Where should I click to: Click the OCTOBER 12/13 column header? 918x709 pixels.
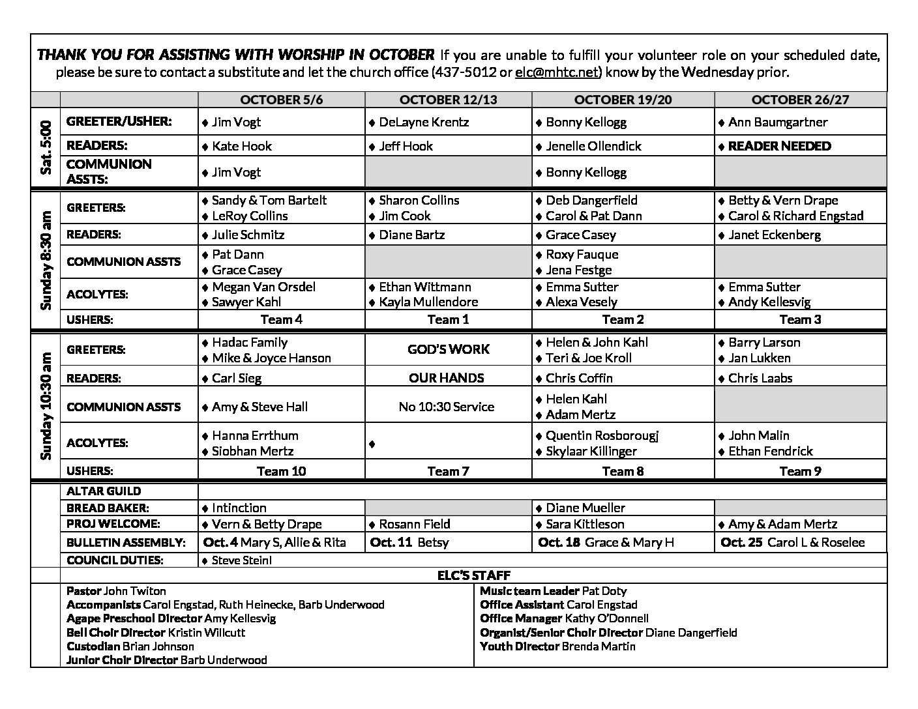click(x=448, y=100)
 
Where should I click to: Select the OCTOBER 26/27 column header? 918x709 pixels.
click(x=800, y=100)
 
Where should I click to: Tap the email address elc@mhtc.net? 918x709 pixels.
click(x=556, y=72)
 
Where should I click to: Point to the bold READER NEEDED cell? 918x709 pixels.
click(x=779, y=146)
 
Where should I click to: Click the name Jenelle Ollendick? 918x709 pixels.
click(x=593, y=146)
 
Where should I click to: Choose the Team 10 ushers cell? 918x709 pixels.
click(x=281, y=471)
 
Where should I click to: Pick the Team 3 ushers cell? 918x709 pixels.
click(x=800, y=319)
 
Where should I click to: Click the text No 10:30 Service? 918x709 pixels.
click(x=447, y=407)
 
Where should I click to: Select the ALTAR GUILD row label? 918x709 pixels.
click(x=104, y=491)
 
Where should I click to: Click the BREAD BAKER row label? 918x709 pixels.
click(x=108, y=508)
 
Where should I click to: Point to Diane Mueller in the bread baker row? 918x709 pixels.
click(x=585, y=508)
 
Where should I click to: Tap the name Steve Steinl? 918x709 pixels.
click(x=242, y=560)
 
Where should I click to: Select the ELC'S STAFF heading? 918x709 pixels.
click(x=473, y=575)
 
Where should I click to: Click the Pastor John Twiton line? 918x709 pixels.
click(x=116, y=591)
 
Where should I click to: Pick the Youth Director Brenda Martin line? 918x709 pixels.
click(x=557, y=646)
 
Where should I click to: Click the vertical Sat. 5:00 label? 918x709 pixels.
click(x=46, y=148)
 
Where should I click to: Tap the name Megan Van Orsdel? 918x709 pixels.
click(x=263, y=287)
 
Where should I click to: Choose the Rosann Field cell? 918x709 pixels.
click(x=414, y=524)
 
